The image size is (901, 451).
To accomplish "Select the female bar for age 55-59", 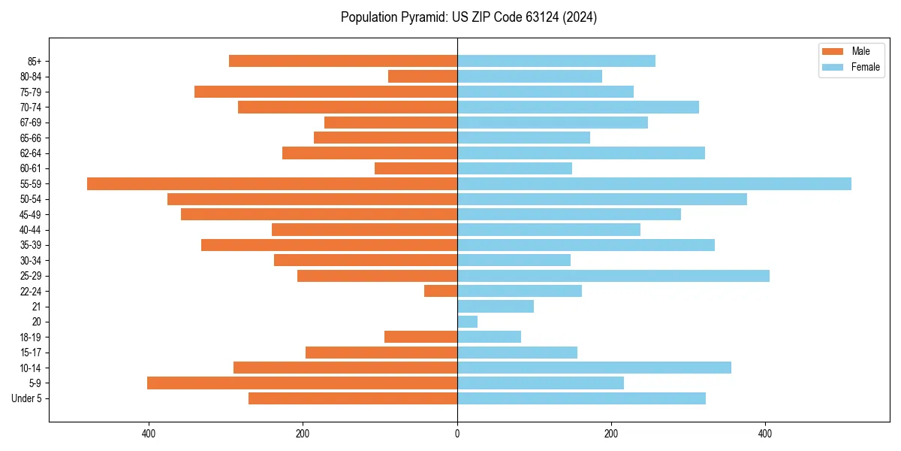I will tap(654, 183).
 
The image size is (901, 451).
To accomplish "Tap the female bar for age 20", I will tap(467, 322).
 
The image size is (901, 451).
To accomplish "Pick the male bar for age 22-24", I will tap(441, 291).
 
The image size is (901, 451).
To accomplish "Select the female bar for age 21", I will tap(496, 306).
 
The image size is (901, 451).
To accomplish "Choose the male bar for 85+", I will tap(343, 61).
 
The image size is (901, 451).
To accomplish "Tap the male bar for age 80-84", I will tap(423, 76).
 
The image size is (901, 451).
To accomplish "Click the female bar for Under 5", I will tap(581, 398).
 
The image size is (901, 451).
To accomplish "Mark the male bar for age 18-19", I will tap(420, 337).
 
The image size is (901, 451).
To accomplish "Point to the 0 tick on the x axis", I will tap(457, 434).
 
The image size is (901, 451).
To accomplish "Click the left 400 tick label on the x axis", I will tap(149, 434).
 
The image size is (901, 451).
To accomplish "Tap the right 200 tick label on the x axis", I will tap(611, 434).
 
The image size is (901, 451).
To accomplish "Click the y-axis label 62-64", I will tap(31, 153).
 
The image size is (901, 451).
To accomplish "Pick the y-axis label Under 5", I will tap(27, 398).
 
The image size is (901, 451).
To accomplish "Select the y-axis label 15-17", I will tap(31, 353).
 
